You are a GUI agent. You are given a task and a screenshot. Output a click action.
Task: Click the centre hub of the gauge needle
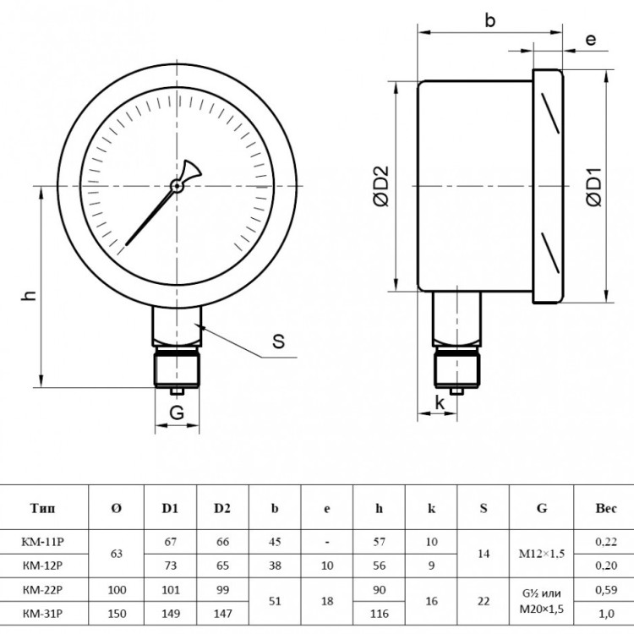pyautogui.click(x=177, y=186)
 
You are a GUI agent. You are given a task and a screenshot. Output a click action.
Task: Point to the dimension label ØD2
pyautogui.click(x=381, y=186)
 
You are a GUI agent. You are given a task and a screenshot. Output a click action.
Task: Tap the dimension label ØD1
pyautogui.click(x=594, y=187)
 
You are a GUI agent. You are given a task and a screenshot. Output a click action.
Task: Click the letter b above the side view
pyautogui.click(x=490, y=19)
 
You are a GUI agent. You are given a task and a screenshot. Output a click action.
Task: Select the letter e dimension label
pyautogui.click(x=590, y=40)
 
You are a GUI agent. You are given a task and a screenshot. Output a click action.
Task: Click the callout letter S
pyautogui.click(x=278, y=341)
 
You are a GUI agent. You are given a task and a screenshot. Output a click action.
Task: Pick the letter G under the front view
pyautogui.click(x=177, y=413)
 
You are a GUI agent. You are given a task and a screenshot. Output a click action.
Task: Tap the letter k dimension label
pyautogui.click(x=440, y=402)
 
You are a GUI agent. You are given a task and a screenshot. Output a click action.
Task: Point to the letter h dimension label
pyautogui.click(x=29, y=296)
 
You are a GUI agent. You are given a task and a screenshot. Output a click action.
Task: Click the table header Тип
pyautogui.click(x=42, y=508)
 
